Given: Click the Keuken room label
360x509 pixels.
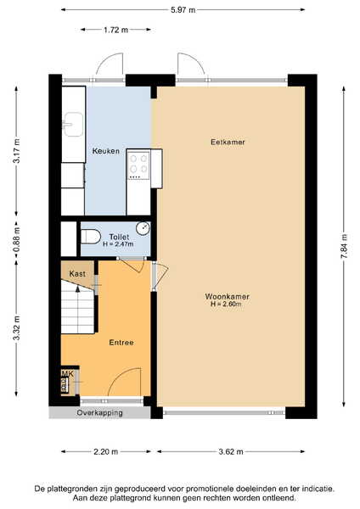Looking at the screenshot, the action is tap(105, 151).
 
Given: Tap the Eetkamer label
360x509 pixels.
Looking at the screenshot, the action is tap(228, 142).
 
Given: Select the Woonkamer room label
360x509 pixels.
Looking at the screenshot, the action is tap(227, 296).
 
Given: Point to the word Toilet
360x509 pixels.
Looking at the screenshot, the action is tap(119, 237).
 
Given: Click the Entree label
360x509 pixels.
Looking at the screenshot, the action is tap(121, 343).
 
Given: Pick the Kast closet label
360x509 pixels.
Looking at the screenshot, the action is tap(77, 274).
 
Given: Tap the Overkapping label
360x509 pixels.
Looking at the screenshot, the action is tap(99, 413).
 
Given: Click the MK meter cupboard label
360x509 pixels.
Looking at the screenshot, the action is tap(67, 374).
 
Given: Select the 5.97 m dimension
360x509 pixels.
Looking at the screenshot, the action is tap(183, 10).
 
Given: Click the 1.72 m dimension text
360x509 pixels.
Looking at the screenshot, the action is tap(116, 30).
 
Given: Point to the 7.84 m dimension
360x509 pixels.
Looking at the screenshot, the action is tap(344, 246).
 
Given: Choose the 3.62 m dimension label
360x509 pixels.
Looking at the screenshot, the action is tap(231, 451).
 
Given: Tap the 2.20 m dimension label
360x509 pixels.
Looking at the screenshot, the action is tap(106, 451).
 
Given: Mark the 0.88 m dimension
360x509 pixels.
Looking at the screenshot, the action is tap(17, 239).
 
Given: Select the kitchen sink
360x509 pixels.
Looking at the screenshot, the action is tap(73, 125).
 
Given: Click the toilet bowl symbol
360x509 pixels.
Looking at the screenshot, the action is tap(91, 237).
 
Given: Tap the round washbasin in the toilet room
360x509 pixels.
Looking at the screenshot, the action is tap(143, 228).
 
